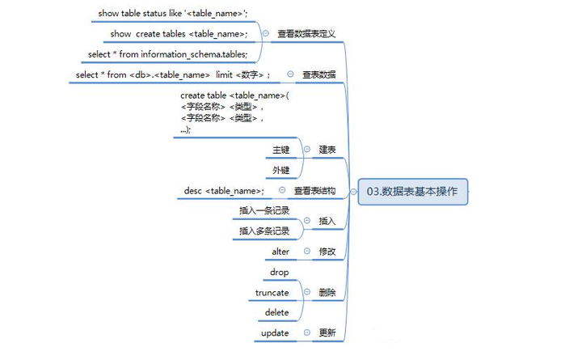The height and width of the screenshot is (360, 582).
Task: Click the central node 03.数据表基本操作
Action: tap(411, 192)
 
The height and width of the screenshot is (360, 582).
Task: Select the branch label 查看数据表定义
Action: tap(306, 34)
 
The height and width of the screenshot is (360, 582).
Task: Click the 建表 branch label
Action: tap(327, 150)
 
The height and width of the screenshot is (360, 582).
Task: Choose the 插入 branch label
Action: tap(327, 220)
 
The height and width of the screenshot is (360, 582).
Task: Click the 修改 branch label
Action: tap(327, 252)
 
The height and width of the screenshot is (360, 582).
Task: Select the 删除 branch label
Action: tap(327, 292)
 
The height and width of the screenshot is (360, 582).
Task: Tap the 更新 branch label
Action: tap(327, 332)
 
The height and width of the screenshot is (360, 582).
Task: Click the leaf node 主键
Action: tap(280, 150)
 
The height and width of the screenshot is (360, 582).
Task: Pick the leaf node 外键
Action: tap(280, 170)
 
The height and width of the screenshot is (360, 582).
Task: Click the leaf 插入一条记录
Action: tap(264, 210)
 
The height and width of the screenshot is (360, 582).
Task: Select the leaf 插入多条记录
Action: tap(264, 231)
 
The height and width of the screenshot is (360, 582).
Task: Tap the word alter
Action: tap(280, 252)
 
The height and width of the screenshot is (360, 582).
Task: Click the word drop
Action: tap(279, 272)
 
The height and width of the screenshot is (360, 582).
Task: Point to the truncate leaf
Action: tap(272, 292)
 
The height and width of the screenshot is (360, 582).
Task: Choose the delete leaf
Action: tap(276, 312)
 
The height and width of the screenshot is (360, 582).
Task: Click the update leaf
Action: tap(275, 332)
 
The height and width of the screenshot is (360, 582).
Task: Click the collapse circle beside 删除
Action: tap(307, 292)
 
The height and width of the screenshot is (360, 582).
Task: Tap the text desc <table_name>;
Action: tap(223, 191)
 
